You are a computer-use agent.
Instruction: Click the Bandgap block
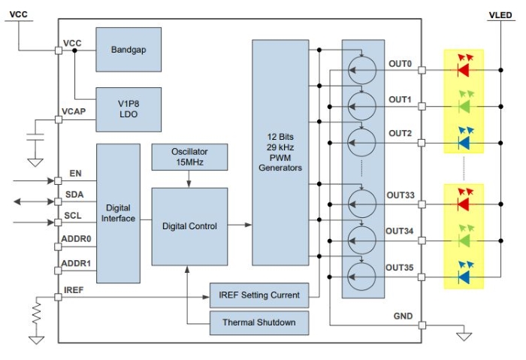(x=128, y=50)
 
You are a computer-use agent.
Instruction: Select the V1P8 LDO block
(x=128, y=107)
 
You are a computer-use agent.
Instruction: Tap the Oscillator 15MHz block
(x=189, y=157)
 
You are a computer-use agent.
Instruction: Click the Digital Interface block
(x=119, y=213)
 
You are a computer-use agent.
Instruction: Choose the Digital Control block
(x=189, y=226)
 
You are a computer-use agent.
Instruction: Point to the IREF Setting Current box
(x=258, y=295)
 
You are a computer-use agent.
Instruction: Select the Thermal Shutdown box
(x=258, y=323)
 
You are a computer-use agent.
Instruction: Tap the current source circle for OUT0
(x=364, y=71)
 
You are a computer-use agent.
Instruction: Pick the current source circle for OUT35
(x=364, y=276)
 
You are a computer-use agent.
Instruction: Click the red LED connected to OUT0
(x=463, y=71)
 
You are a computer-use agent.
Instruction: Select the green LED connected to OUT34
(x=463, y=241)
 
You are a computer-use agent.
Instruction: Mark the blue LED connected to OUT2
(x=463, y=141)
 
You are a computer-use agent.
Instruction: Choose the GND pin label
(x=403, y=316)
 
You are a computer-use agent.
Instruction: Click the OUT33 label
(x=399, y=195)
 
